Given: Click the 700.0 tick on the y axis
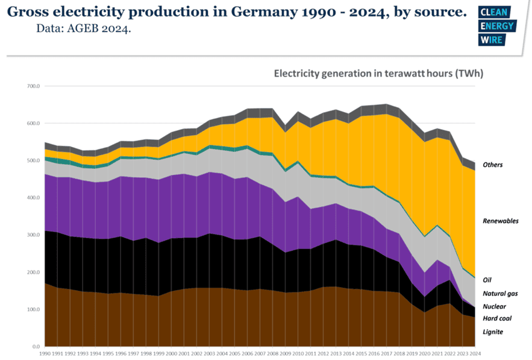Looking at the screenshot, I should (32, 86).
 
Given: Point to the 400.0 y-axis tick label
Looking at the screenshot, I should (32, 198).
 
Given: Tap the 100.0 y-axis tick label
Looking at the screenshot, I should (32, 309).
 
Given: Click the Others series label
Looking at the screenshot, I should (493, 165).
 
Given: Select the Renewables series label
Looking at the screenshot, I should (500, 221).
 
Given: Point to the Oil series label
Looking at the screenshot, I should (487, 280).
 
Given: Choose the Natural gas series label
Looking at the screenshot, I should (499, 294).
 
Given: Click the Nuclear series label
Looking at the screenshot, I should (494, 306).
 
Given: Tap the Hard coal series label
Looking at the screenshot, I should (497, 318).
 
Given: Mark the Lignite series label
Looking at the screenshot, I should (493, 332).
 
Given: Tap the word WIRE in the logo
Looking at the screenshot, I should (489, 39).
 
